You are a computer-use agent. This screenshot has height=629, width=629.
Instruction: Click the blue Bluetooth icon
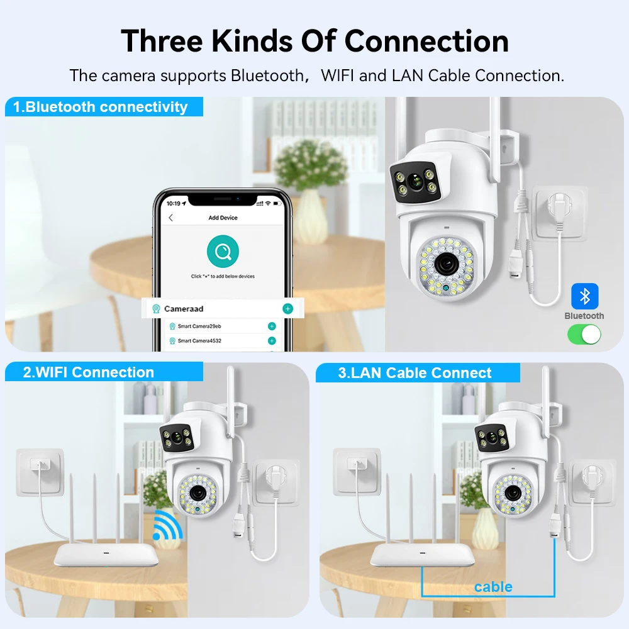coord(584,296)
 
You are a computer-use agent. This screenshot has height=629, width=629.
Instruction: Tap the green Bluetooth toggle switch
coord(584,334)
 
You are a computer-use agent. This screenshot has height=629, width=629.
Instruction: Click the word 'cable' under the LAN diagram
coord(493,587)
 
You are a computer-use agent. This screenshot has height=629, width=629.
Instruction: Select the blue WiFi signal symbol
coord(168,525)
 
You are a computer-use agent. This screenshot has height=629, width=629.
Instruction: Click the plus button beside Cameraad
coord(287,309)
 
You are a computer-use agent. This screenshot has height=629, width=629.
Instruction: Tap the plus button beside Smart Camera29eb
coord(272,326)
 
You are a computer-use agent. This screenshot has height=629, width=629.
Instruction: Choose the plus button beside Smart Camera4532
coord(272,340)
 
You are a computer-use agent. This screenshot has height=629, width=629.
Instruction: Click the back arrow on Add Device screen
coord(170,218)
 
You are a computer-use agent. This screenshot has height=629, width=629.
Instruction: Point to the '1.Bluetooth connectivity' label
coord(101,107)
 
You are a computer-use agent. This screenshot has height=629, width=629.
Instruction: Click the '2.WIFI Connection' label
coord(89,372)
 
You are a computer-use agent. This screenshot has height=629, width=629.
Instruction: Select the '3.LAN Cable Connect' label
coord(415,373)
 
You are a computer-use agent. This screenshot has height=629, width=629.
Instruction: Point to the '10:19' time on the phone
coord(173,204)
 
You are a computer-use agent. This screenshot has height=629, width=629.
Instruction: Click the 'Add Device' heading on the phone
coord(223,218)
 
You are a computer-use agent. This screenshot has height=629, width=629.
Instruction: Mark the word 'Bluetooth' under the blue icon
coord(584,316)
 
